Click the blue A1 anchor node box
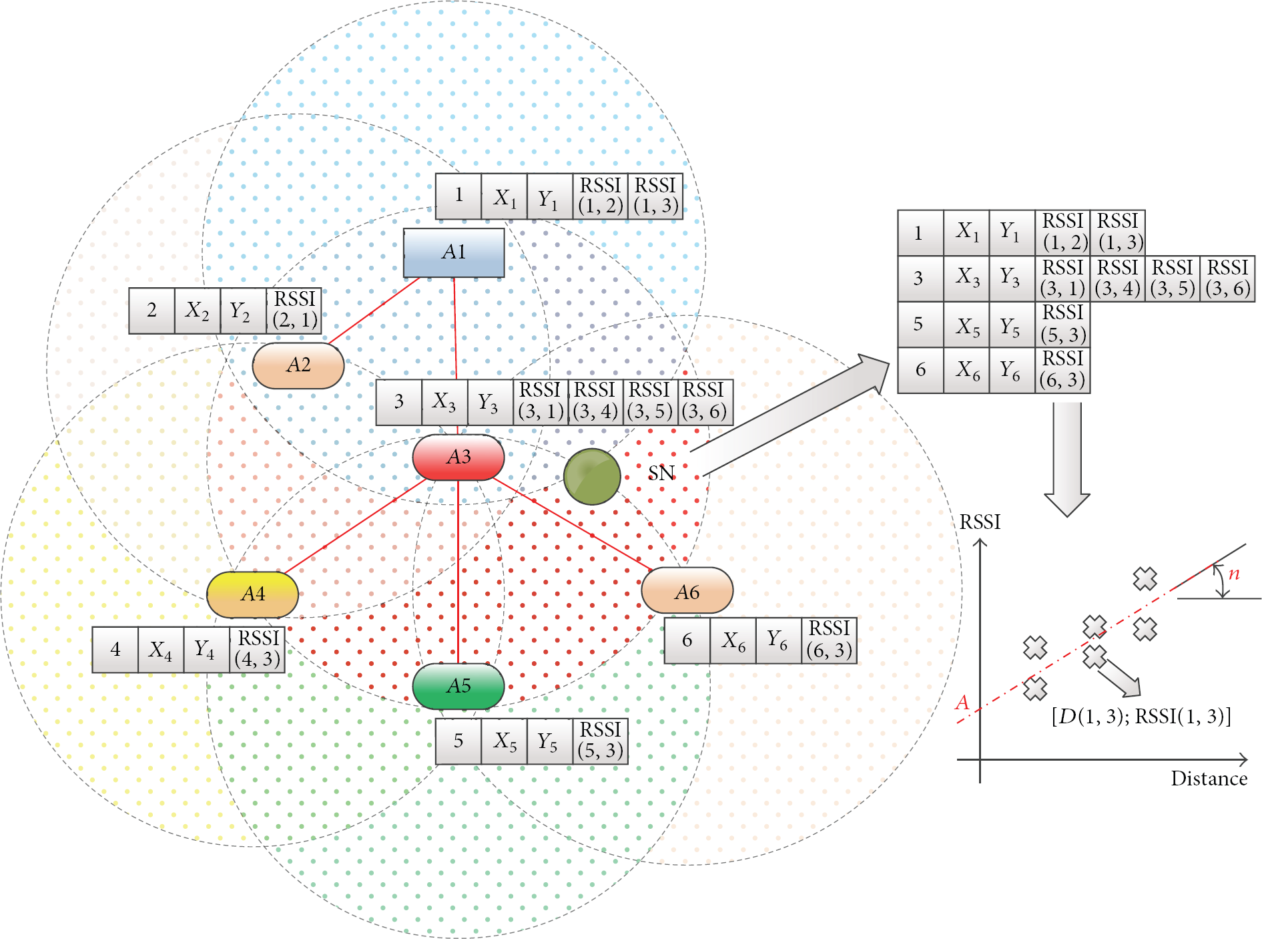pyautogui.click(x=454, y=252)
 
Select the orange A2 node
pyautogui.click(x=298, y=365)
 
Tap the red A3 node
pyautogui.click(x=458, y=457)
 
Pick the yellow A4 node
pyautogui.click(x=253, y=594)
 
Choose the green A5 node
pyautogui.click(x=458, y=686)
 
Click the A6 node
pyautogui.click(x=687, y=590)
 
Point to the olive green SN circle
pyautogui.click(x=592, y=476)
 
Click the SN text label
pyautogui.click(x=661, y=474)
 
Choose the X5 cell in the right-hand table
pyautogui.click(x=966, y=325)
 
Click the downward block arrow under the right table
pyautogui.click(x=1067, y=459)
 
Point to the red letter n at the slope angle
pyautogui.click(x=1234, y=573)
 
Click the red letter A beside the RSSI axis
pyautogui.click(x=962, y=703)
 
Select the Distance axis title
pyautogui.click(x=1209, y=779)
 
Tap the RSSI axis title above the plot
pyautogui.click(x=980, y=522)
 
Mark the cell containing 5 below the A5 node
pyautogui.click(x=458, y=741)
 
